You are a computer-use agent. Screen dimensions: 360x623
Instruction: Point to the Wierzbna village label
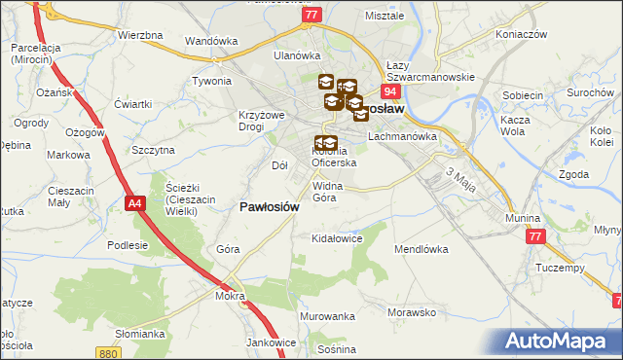(x=139, y=35)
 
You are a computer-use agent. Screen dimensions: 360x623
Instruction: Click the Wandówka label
(x=212, y=42)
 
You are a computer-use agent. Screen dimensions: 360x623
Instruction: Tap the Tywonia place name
(x=211, y=81)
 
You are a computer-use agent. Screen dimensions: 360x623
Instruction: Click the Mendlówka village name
(x=421, y=249)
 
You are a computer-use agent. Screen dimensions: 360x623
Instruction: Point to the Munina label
(x=523, y=219)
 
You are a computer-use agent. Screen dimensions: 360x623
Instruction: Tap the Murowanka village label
(x=327, y=317)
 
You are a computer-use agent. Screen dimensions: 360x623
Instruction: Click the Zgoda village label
(x=574, y=174)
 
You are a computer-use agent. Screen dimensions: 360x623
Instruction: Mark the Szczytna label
(x=153, y=150)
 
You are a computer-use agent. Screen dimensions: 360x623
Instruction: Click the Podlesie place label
(x=127, y=245)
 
